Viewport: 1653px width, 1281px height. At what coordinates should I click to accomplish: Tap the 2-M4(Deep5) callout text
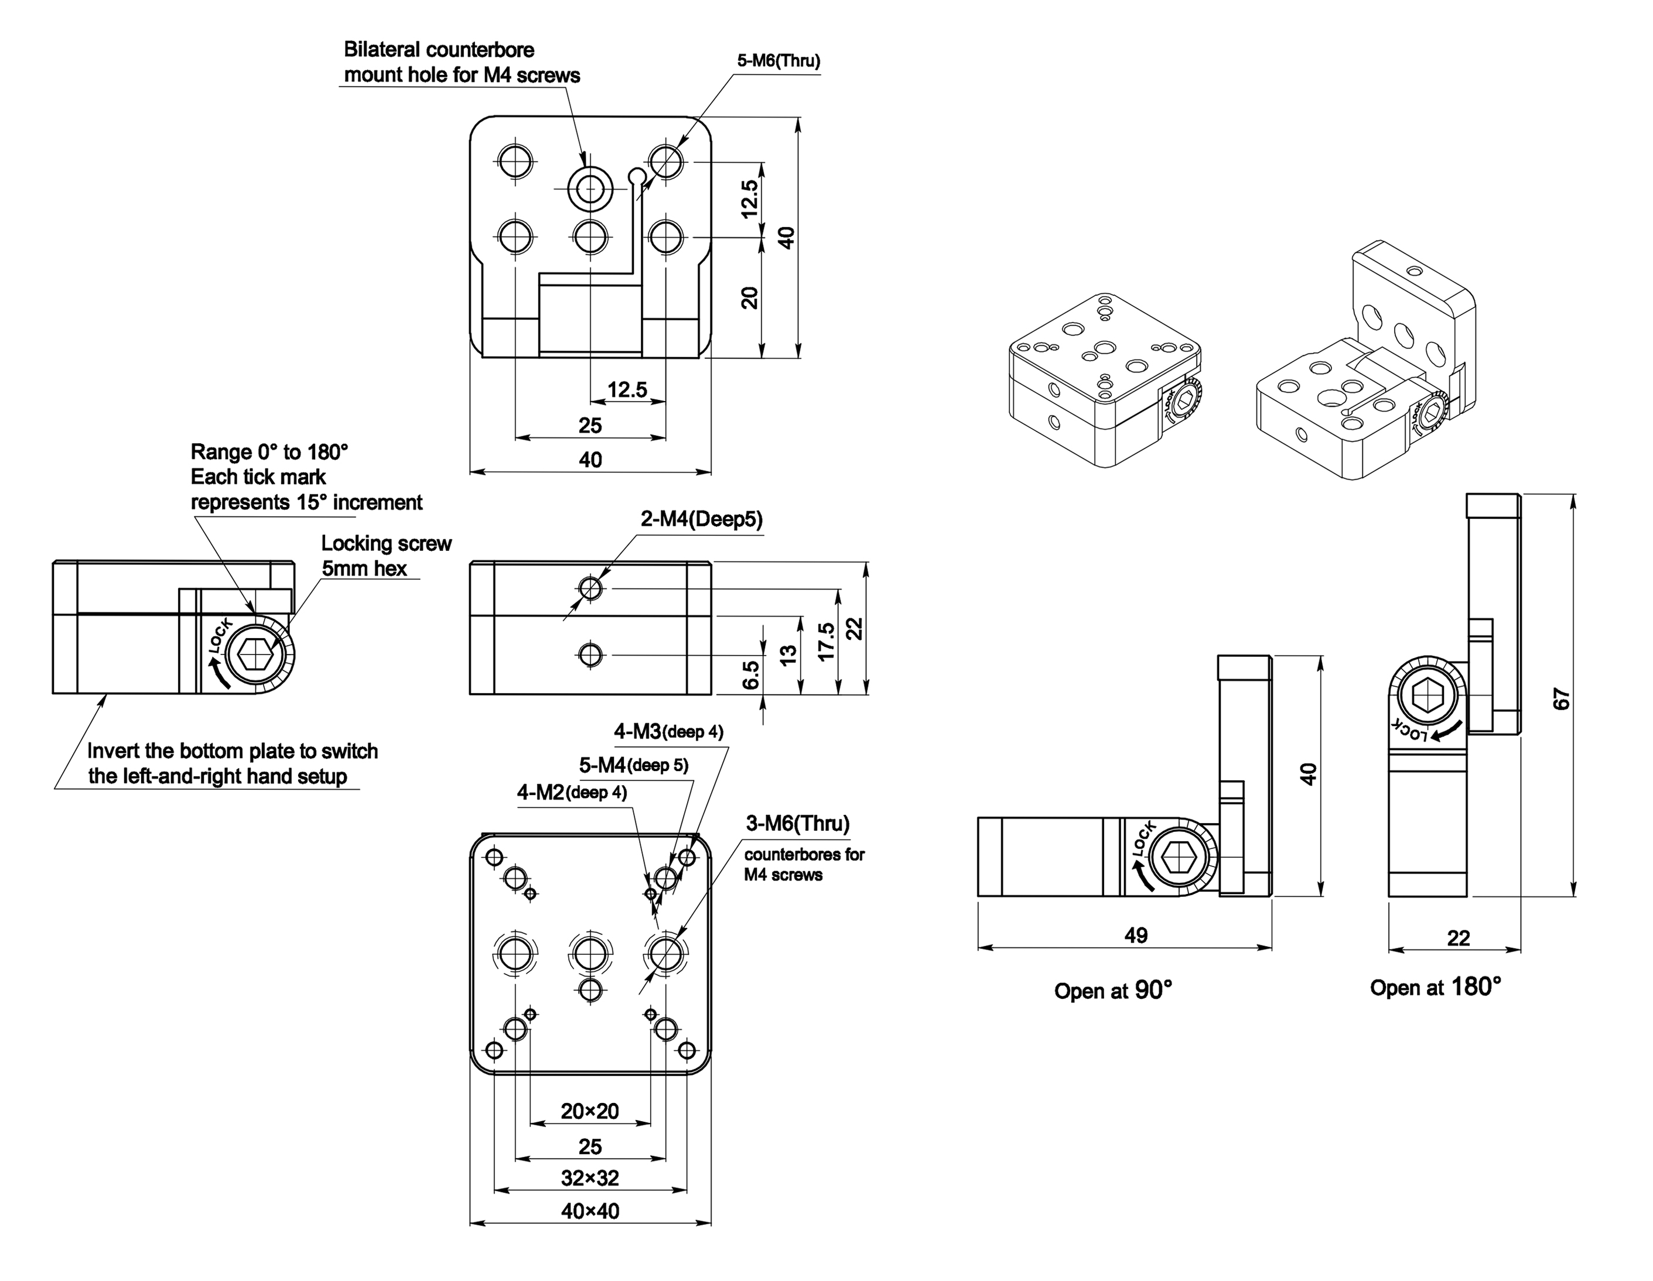(x=701, y=519)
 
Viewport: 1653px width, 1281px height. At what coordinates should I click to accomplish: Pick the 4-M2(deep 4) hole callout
(x=572, y=792)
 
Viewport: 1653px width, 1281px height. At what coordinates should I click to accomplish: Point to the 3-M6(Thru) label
(x=798, y=823)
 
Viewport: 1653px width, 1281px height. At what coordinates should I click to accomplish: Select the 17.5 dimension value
(x=826, y=642)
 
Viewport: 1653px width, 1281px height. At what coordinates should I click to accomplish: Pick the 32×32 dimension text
(x=590, y=1177)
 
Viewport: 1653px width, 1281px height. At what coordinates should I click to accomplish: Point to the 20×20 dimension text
(x=590, y=1111)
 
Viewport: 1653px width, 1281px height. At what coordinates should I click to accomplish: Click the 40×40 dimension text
(x=590, y=1211)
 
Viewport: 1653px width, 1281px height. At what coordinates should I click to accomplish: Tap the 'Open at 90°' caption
(x=1112, y=991)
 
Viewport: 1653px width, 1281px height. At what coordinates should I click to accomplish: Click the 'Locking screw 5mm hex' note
(x=386, y=556)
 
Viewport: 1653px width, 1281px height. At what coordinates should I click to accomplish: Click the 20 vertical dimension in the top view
(x=749, y=297)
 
